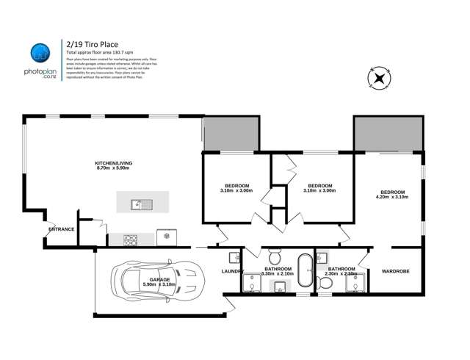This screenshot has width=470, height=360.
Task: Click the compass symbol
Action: [379, 79]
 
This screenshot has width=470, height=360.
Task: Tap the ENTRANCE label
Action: [61, 229]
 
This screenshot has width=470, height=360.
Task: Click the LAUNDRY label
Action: [232, 272]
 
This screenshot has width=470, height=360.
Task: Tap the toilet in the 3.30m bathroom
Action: [274, 257]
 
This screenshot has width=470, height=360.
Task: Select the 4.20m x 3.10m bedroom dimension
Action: [391, 197]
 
